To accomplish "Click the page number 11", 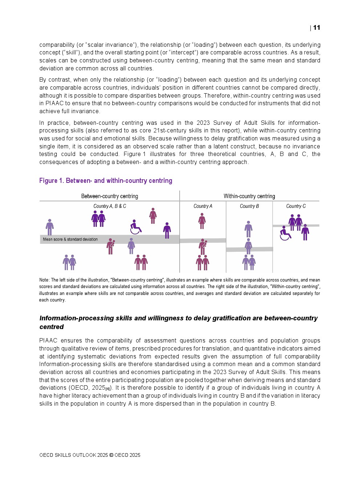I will [x=316, y=28].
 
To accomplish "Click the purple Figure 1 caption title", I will [x=106, y=181].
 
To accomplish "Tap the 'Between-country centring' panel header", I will [x=110, y=196].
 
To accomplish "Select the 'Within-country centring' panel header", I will [x=249, y=196].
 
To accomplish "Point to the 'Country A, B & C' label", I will [x=110, y=206].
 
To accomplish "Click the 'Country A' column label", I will [x=203, y=206].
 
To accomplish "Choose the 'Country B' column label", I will [x=249, y=206].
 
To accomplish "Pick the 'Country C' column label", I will [x=296, y=206].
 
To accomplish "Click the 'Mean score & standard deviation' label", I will [x=70, y=239].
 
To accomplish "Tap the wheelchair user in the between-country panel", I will [x=135, y=227].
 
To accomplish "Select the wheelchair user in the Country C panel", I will [x=285, y=233].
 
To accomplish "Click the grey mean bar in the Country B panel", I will [x=249, y=249].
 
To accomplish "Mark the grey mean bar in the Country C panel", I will [x=296, y=226].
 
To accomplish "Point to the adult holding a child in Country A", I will [x=202, y=246].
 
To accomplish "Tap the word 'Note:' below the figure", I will [x=44, y=280].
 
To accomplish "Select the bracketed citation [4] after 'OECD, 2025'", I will [x=108, y=389].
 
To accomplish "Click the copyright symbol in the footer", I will [x=111, y=455].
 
